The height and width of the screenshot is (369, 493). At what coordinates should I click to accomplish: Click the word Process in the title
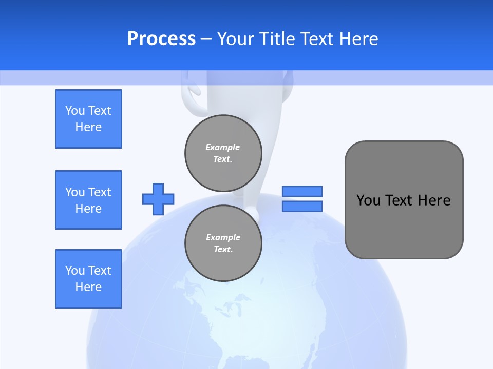[161, 39]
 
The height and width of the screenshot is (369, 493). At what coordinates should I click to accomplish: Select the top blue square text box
[88, 119]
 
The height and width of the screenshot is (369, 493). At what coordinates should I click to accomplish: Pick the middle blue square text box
[88, 200]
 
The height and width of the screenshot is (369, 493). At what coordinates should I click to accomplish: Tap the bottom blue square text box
[88, 279]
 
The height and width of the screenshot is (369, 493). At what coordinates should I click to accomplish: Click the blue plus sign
[158, 199]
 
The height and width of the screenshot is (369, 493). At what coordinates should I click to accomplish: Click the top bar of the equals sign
[302, 191]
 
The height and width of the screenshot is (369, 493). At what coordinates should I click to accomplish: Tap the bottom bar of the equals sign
[302, 206]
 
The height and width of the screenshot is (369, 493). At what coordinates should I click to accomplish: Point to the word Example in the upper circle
[223, 147]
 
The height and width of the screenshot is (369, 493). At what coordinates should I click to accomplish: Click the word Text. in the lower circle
[223, 250]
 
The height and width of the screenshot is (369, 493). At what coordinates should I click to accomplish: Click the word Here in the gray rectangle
[434, 200]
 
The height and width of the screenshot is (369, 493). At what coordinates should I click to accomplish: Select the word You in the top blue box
[75, 111]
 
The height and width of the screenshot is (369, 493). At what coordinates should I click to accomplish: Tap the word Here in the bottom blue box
[88, 287]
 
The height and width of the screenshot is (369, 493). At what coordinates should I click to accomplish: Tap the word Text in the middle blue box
[100, 192]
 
